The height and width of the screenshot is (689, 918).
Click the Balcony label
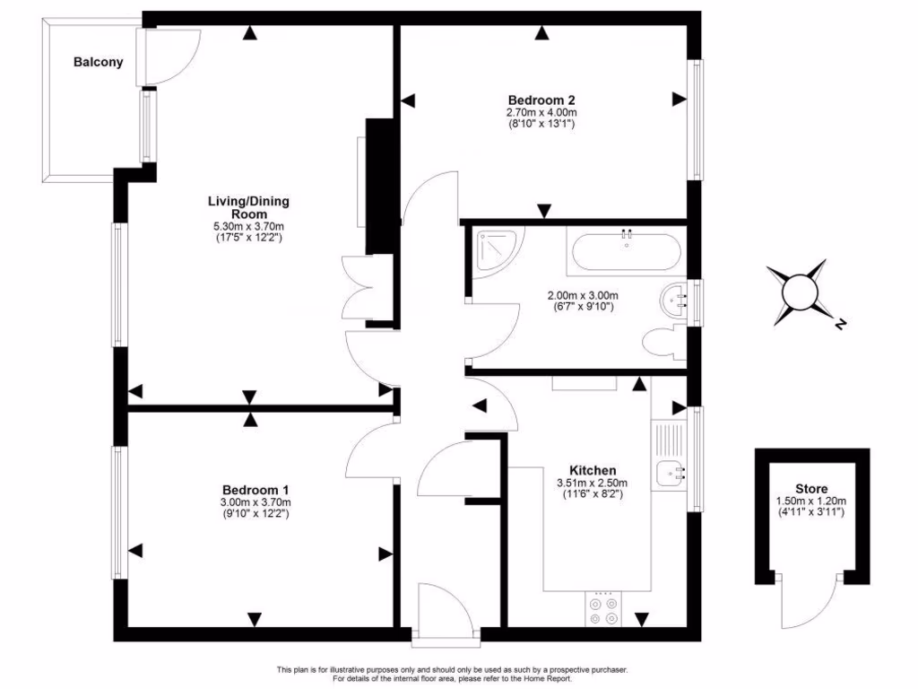(x=98, y=63)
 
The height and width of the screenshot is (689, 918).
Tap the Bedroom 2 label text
(x=541, y=100)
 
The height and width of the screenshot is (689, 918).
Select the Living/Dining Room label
(x=248, y=207)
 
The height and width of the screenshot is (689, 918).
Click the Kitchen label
(x=593, y=470)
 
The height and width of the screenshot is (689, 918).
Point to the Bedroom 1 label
(x=255, y=490)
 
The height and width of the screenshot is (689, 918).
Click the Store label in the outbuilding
(x=811, y=489)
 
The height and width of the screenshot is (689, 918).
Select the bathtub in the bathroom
(x=624, y=252)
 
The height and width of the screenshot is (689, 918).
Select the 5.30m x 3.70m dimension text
(x=248, y=227)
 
